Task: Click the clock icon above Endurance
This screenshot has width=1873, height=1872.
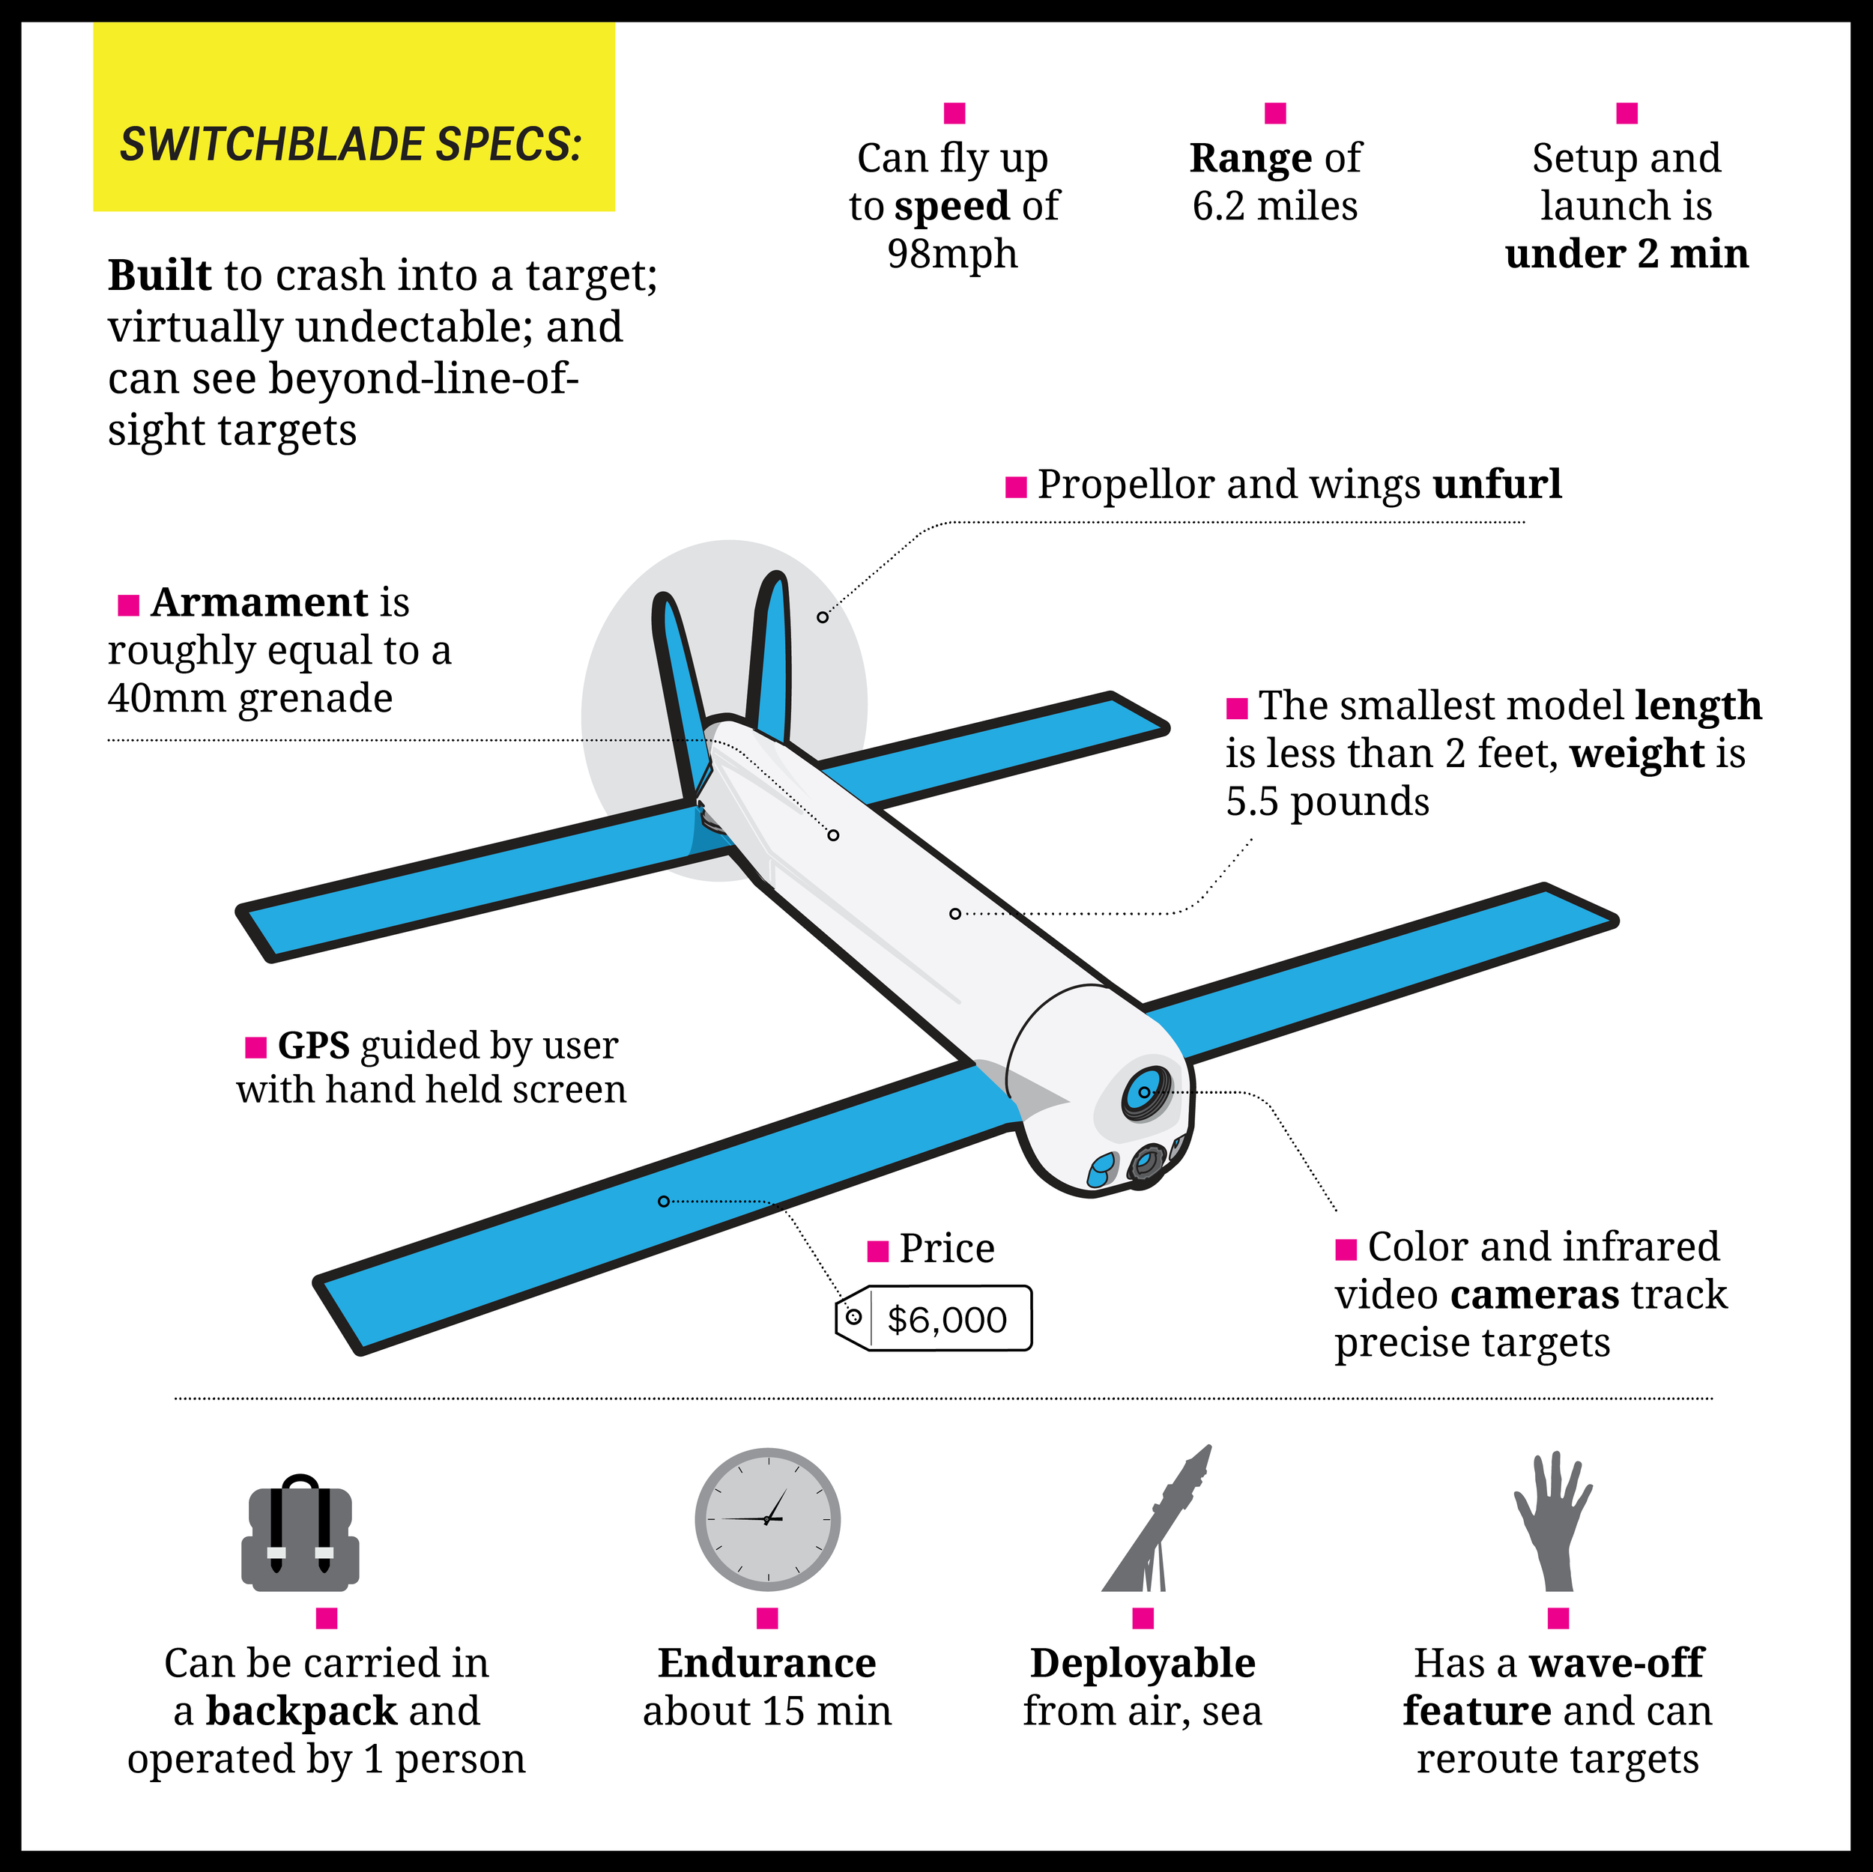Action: [x=767, y=1519]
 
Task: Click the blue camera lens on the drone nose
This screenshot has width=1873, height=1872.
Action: [x=1146, y=1093]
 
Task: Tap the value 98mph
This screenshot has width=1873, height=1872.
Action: [x=952, y=254]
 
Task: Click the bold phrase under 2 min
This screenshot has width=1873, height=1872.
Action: [x=1626, y=254]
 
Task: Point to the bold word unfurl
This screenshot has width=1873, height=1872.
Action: [x=1497, y=485]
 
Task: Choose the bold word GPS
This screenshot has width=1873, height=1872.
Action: [x=313, y=1046]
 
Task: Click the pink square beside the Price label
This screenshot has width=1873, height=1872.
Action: [x=877, y=1252]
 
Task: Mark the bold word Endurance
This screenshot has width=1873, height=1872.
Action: [x=767, y=1664]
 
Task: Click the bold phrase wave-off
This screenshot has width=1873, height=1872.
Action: [x=1615, y=1664]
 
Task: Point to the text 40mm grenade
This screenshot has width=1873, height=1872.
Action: [x=250, y=699]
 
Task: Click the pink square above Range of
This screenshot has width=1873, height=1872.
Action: [x=1275, y=113]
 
